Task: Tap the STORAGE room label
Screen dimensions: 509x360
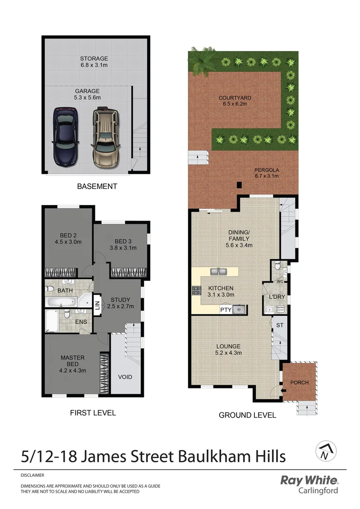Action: tap(94, 59)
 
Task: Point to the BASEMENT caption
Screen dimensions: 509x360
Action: tap(97, 187)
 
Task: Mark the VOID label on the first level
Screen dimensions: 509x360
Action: tap(125, 377)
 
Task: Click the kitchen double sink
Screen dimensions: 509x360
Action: tap(218, 271)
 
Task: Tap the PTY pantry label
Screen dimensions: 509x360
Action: tap(226, 310)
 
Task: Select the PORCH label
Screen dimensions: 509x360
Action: tap(299, 382)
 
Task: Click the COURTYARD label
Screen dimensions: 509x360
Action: tap(235, 99)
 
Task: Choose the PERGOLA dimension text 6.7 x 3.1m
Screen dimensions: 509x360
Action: tap(266, 176)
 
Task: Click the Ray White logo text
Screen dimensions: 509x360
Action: tap(309, 481)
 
